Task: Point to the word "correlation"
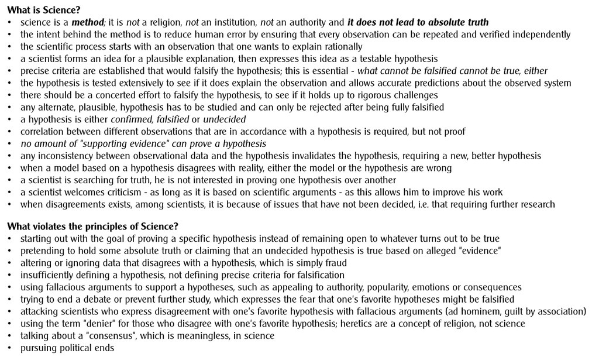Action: pyautogui.click(x=44, y=132)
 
